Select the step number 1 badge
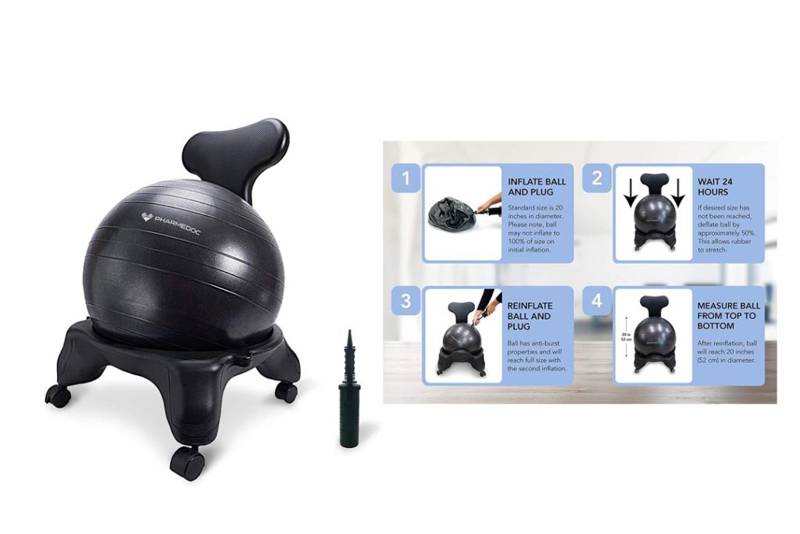coord(405,177)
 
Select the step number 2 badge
coord(597,177)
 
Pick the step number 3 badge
coord(405,300)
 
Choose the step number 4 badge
coord(597,300)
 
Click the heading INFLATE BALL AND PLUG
coord(537,187)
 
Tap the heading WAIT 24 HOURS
coord(716,187)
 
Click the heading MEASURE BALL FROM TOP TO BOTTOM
coord(726,316)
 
